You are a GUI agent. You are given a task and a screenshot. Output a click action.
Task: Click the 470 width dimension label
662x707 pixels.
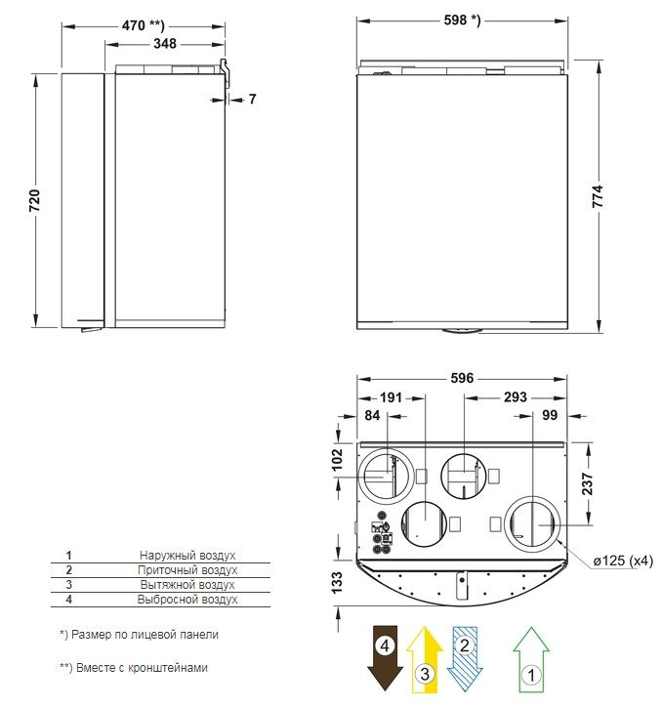tap(144, 25)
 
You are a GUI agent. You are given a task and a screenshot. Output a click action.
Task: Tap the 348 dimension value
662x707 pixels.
tap(165, 44)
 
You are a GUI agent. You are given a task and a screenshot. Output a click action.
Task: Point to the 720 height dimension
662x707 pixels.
tap(35, 200)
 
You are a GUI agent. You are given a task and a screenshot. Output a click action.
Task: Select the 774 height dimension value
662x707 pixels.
tap(597, 196)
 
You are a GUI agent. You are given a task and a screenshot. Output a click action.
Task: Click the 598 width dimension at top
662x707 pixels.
tap(462, 20)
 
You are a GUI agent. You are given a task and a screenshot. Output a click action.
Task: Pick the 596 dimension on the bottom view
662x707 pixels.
tap(462, 378)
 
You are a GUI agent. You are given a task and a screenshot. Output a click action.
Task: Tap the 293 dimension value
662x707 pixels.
tap(515, 396)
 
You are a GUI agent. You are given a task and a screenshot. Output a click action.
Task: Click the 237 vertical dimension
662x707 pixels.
tap(587, 483)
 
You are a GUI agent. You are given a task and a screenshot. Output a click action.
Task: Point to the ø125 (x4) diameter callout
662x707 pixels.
tap(623, 561)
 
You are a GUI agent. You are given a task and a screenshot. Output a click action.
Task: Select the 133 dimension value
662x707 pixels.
tap(337, 582)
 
